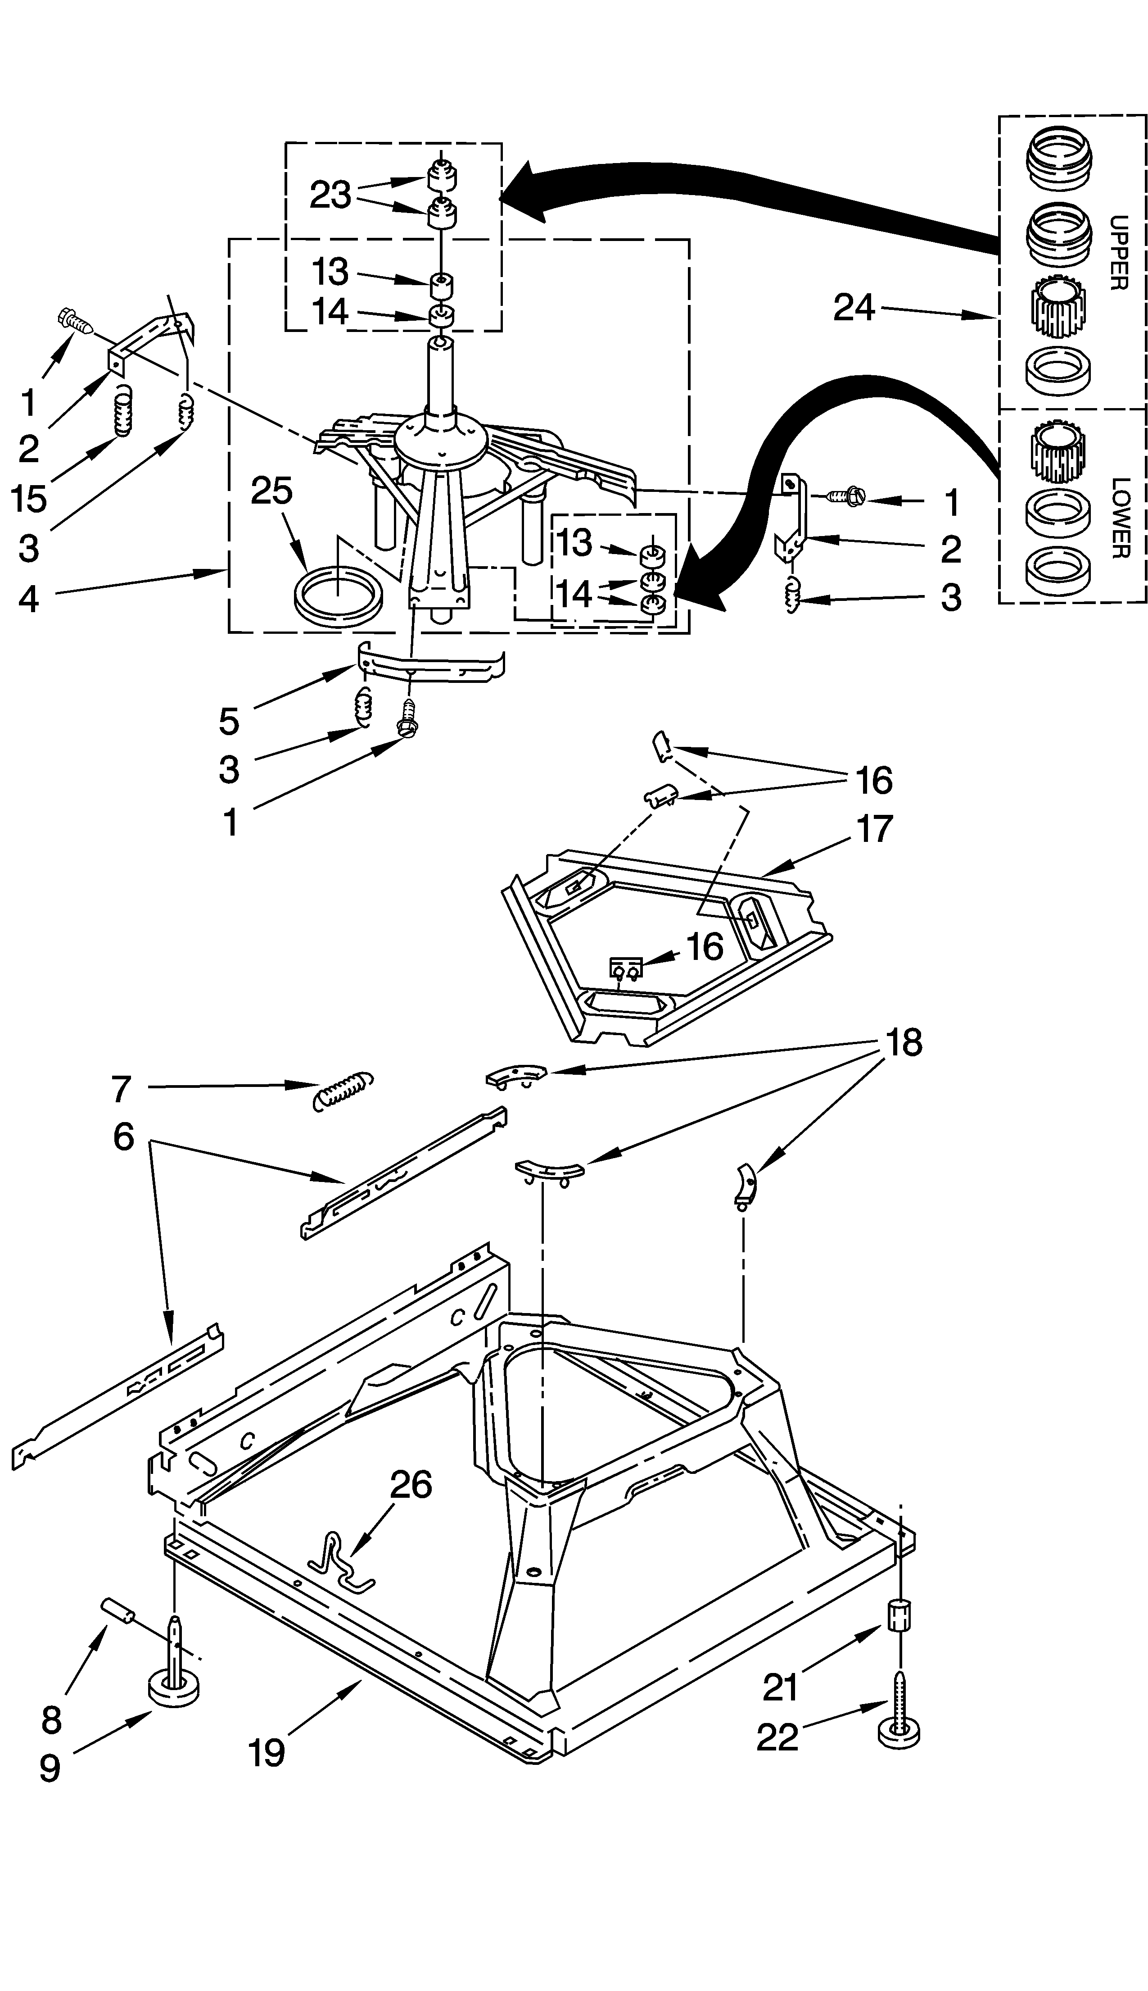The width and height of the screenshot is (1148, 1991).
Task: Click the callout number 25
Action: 272,491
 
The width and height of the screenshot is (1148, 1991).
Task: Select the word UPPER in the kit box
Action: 1118,252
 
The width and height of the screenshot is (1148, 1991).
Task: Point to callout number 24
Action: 854,308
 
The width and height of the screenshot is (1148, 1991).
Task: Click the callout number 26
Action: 411,1485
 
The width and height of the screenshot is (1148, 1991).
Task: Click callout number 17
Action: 874,829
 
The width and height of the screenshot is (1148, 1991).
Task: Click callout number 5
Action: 229,721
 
